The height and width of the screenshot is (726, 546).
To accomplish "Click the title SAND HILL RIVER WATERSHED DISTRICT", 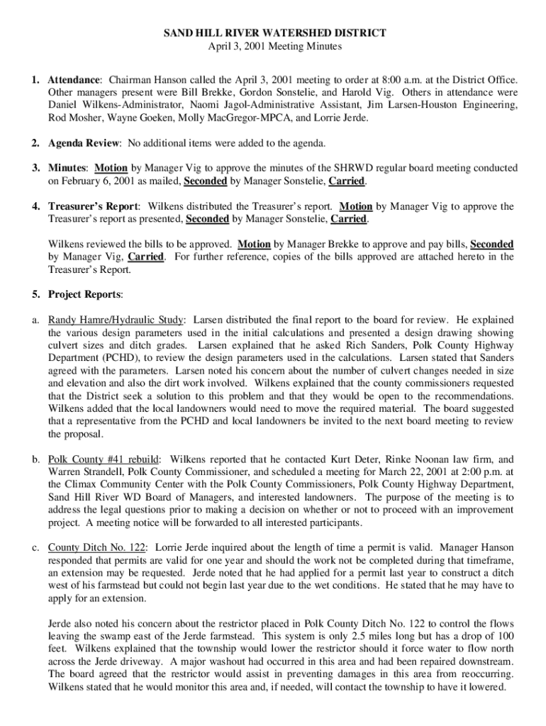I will tap(273, 33).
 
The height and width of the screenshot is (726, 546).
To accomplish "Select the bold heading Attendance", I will tap(74, 80).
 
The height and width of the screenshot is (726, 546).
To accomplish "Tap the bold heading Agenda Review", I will tap(83, 143).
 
